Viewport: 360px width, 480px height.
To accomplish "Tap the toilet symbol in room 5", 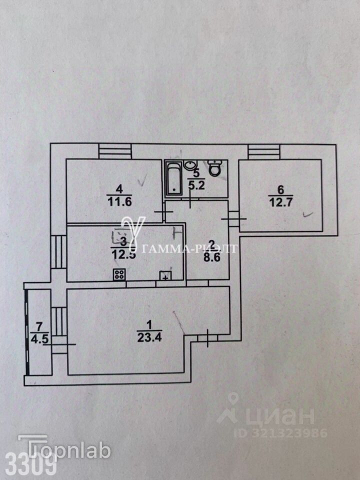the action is point(216,168).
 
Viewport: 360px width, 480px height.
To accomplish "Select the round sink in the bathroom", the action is point(190,165).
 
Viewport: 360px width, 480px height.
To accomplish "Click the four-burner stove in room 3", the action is point(119,274).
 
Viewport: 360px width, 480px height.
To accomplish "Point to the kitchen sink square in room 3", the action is point(165,274).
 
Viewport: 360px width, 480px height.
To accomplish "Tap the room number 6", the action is point(280,189).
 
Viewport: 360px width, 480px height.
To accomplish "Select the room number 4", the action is point(118,189).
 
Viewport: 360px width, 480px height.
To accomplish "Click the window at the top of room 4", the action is point(114,151).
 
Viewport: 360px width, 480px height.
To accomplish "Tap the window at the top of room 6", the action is point(264,151).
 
